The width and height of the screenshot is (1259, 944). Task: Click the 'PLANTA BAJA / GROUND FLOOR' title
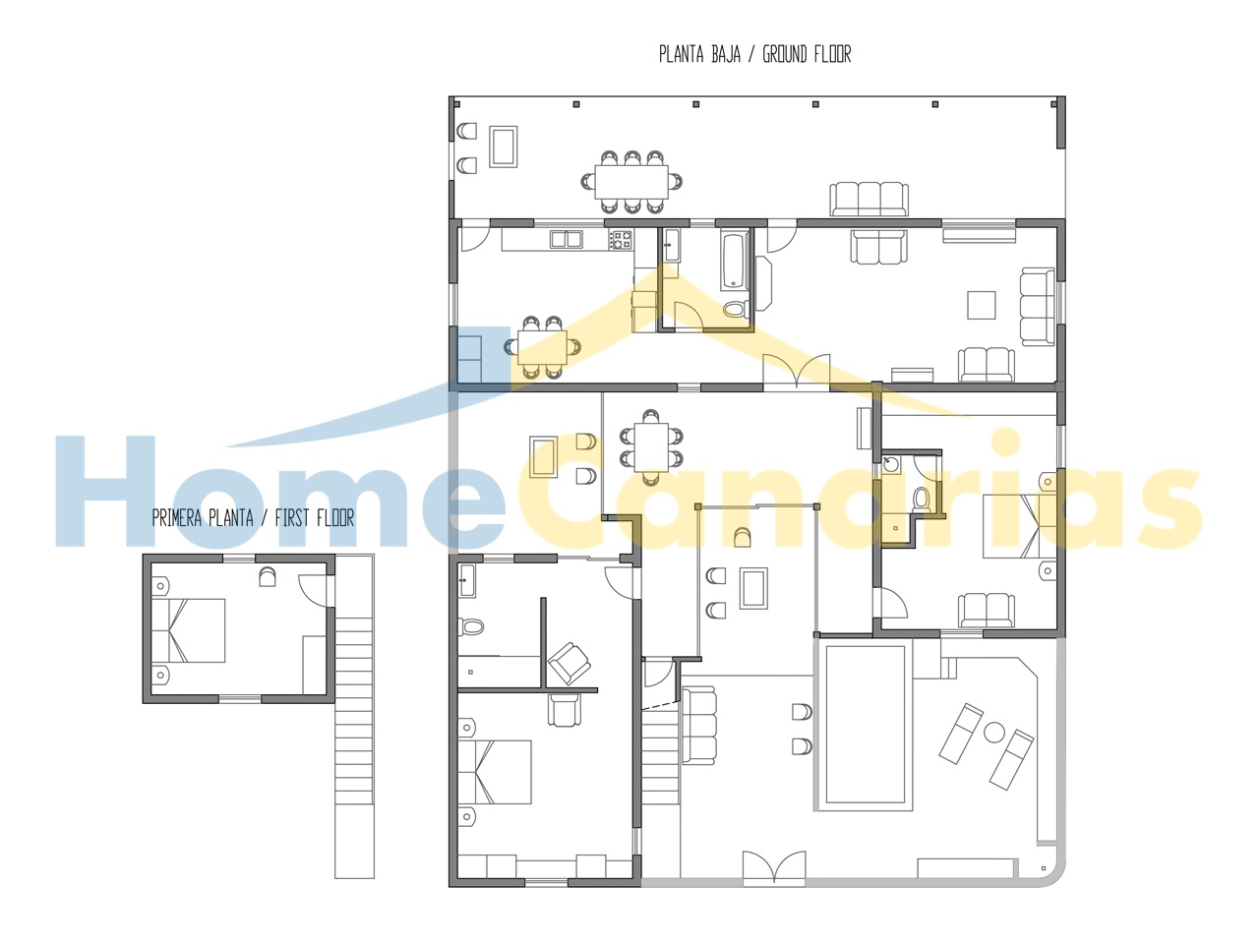(754, 54)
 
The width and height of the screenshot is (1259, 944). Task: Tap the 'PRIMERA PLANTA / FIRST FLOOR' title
(253, 518)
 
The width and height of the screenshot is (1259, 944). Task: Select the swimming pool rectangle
(865, 724)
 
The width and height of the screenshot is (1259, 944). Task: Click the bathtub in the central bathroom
(735, 260)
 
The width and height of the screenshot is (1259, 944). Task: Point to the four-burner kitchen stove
(621, 239)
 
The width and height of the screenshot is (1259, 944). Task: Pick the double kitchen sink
(567, 239)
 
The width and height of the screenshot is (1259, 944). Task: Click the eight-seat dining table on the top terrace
(630, 181)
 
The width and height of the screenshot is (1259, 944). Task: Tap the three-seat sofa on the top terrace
(869, 199)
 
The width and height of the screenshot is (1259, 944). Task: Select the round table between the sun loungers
(994, 733)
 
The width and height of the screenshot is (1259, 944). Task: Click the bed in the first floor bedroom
(188, 630)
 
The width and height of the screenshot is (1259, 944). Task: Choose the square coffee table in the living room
(981, 305)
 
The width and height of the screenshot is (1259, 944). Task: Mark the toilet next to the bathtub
(735, 309)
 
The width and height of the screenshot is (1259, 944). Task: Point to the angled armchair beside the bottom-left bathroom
(569, 663)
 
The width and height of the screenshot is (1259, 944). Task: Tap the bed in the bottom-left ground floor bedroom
(495, 772)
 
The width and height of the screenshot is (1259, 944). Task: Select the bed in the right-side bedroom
(1019, 526)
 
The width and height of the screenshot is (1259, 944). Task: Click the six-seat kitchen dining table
(542, 347)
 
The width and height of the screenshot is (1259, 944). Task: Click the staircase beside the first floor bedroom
(354, 716)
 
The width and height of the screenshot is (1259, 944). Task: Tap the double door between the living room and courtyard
(796, 372)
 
